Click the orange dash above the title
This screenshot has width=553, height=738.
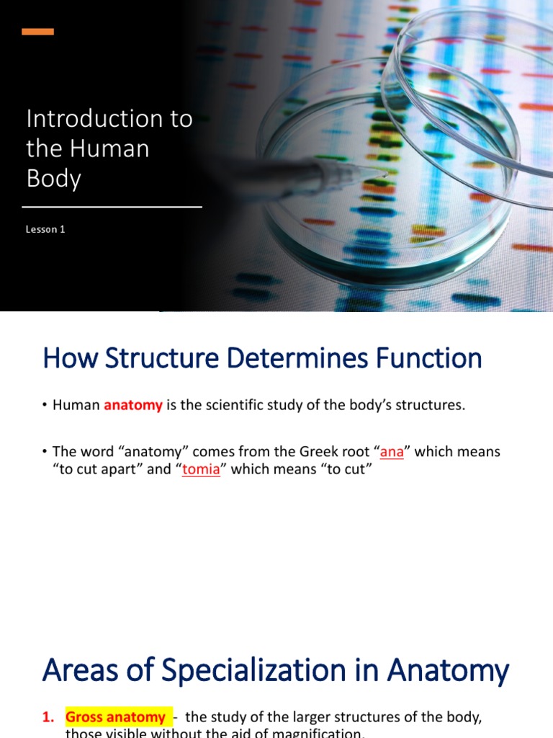[38, 32]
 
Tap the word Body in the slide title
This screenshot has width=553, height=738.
[53, 178]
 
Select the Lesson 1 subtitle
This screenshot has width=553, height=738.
[46, 229]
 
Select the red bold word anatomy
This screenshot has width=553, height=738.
[133, 405]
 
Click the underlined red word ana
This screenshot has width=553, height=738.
[392, 452]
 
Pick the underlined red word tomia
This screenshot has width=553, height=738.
[201, 471]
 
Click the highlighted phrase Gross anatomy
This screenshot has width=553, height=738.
[116, 717]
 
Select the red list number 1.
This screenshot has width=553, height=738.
[48, 717]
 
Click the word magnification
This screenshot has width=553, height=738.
[316, 734]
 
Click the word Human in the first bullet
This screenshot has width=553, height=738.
[76, 405]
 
